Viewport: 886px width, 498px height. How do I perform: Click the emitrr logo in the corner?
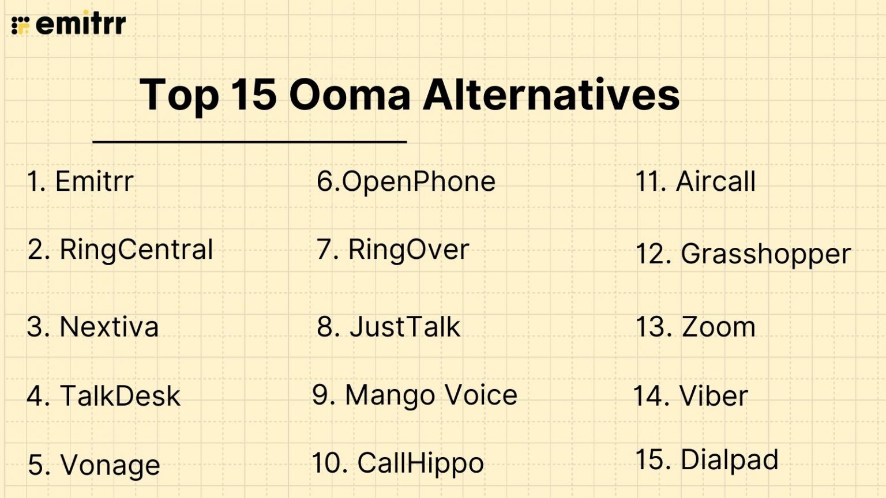pos(68,24)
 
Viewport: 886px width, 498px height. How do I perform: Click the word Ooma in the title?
pos(349,95)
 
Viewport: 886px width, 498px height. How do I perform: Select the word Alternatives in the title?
pos(551,95)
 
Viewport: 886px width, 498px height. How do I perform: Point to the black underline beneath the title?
pos(249,141)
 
